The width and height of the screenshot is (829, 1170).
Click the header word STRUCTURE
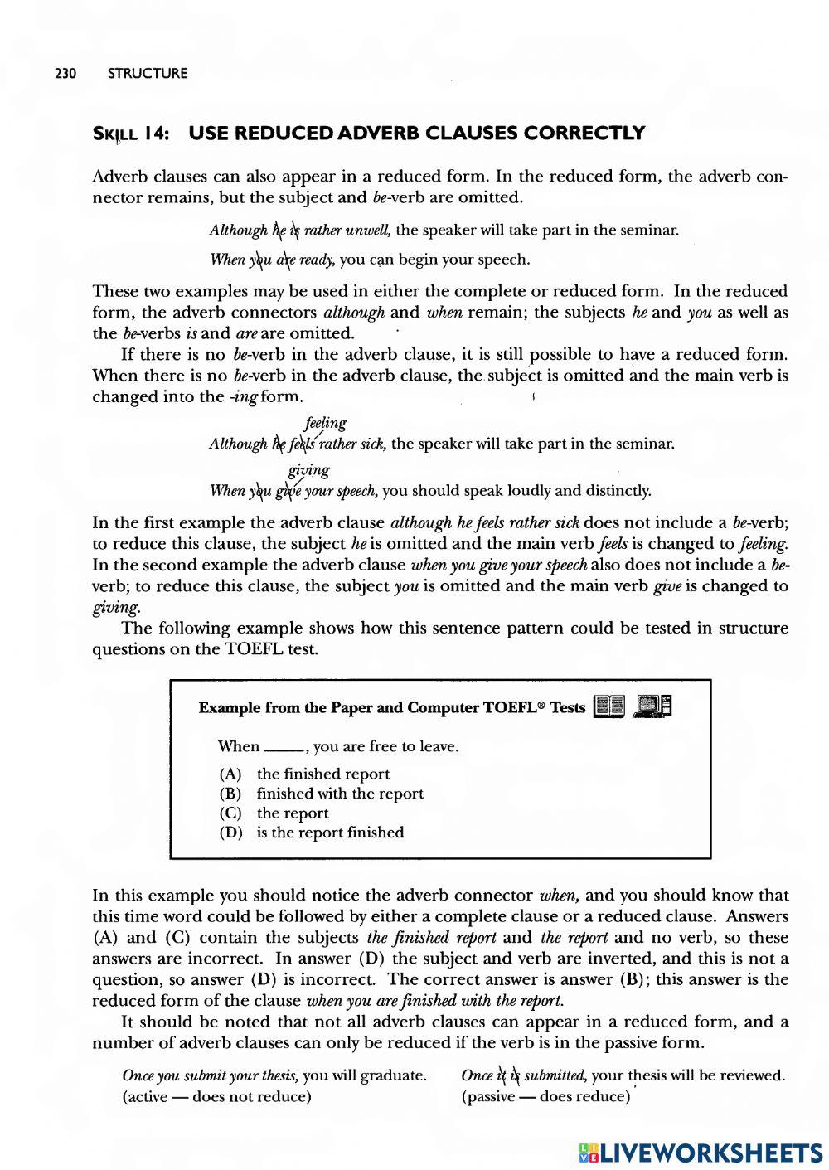[x=148, y=74]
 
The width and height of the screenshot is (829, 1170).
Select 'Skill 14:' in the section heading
[x=132, y=134]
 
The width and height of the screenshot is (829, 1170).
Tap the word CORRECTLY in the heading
[x=584, y=134]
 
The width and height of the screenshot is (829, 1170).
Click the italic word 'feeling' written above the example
[x=326, y=423]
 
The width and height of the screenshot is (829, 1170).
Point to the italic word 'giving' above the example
[x=308, y=470]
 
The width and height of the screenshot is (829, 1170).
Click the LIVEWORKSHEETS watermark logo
[x=701, y=1152]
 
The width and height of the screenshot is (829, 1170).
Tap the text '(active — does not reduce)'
[x=216, y=1097]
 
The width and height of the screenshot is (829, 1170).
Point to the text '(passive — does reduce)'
[x=546, y=1097]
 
